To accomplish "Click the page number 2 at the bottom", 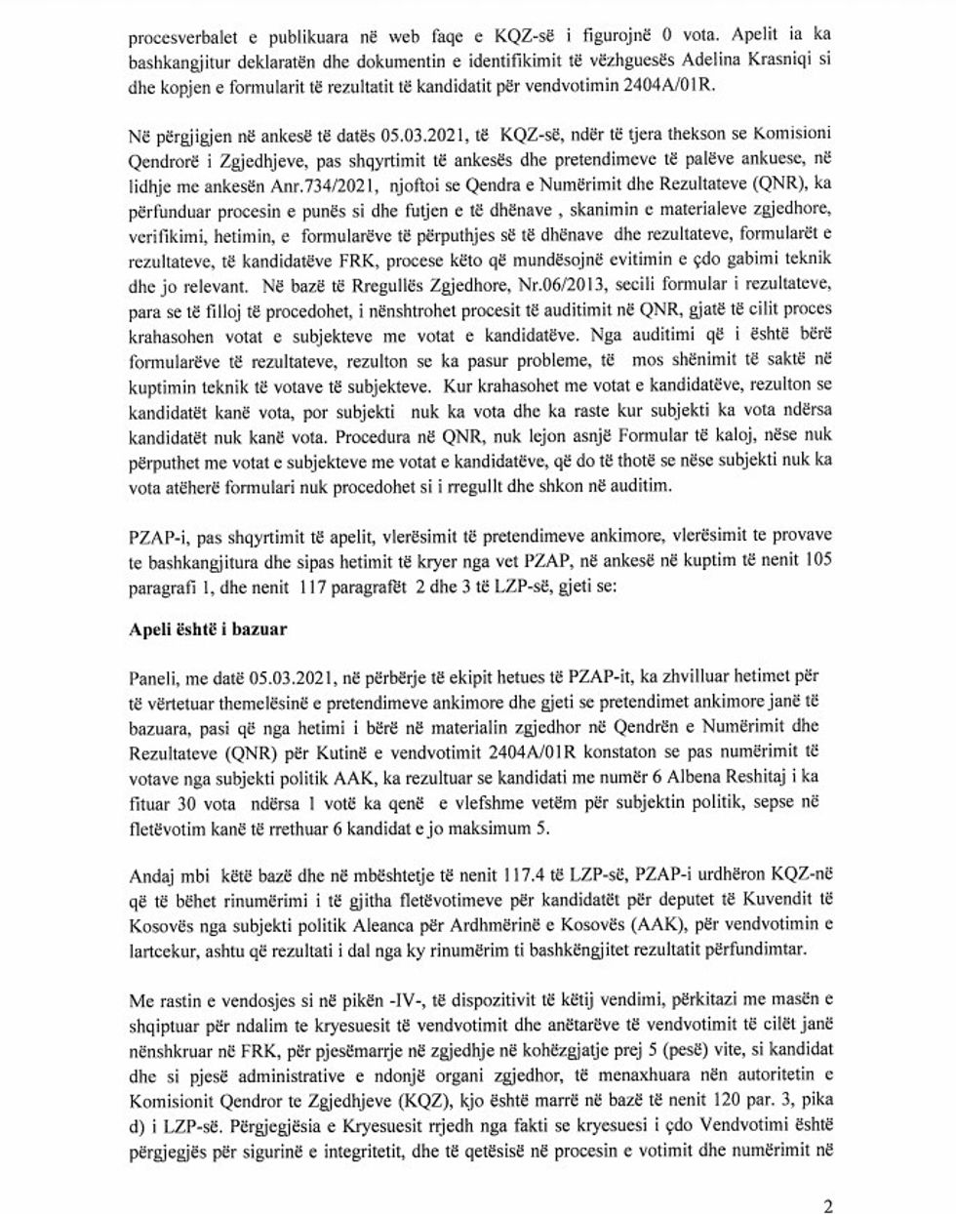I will click(828, 1205).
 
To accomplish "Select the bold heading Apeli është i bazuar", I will click(208, 629).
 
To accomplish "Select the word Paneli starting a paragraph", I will click(152, 676).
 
